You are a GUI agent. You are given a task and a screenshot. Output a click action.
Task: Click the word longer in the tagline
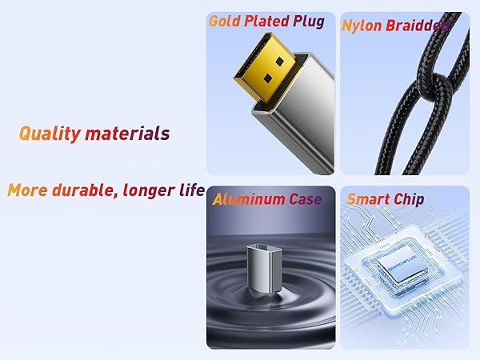point(147,190)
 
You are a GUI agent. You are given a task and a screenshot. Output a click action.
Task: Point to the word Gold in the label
point(224,22)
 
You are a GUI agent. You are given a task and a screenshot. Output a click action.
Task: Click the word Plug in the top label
point(309,22)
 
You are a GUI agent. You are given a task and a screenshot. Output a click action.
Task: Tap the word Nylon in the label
point(361,25)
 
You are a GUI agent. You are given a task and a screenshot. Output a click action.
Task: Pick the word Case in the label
point(305,199)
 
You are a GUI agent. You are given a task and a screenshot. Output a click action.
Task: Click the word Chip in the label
point(409,199)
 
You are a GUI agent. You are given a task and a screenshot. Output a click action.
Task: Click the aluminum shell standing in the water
point(266,264)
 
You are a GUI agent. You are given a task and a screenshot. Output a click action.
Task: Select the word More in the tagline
point(25,190)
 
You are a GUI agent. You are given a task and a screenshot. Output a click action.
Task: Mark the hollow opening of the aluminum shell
point(266,242)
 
